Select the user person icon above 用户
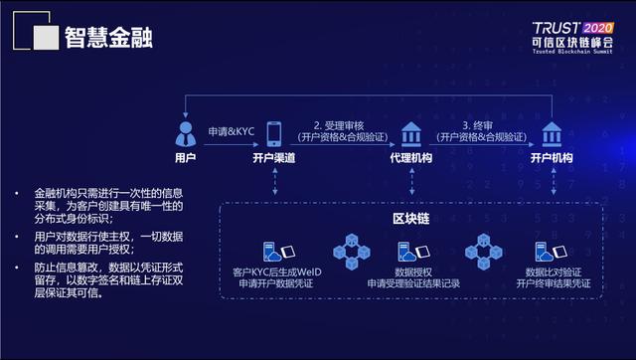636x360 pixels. pos(185,132)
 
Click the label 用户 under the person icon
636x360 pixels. pos(185,158)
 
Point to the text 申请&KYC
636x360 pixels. pos(231,131)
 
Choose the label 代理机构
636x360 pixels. pos(410,158)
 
